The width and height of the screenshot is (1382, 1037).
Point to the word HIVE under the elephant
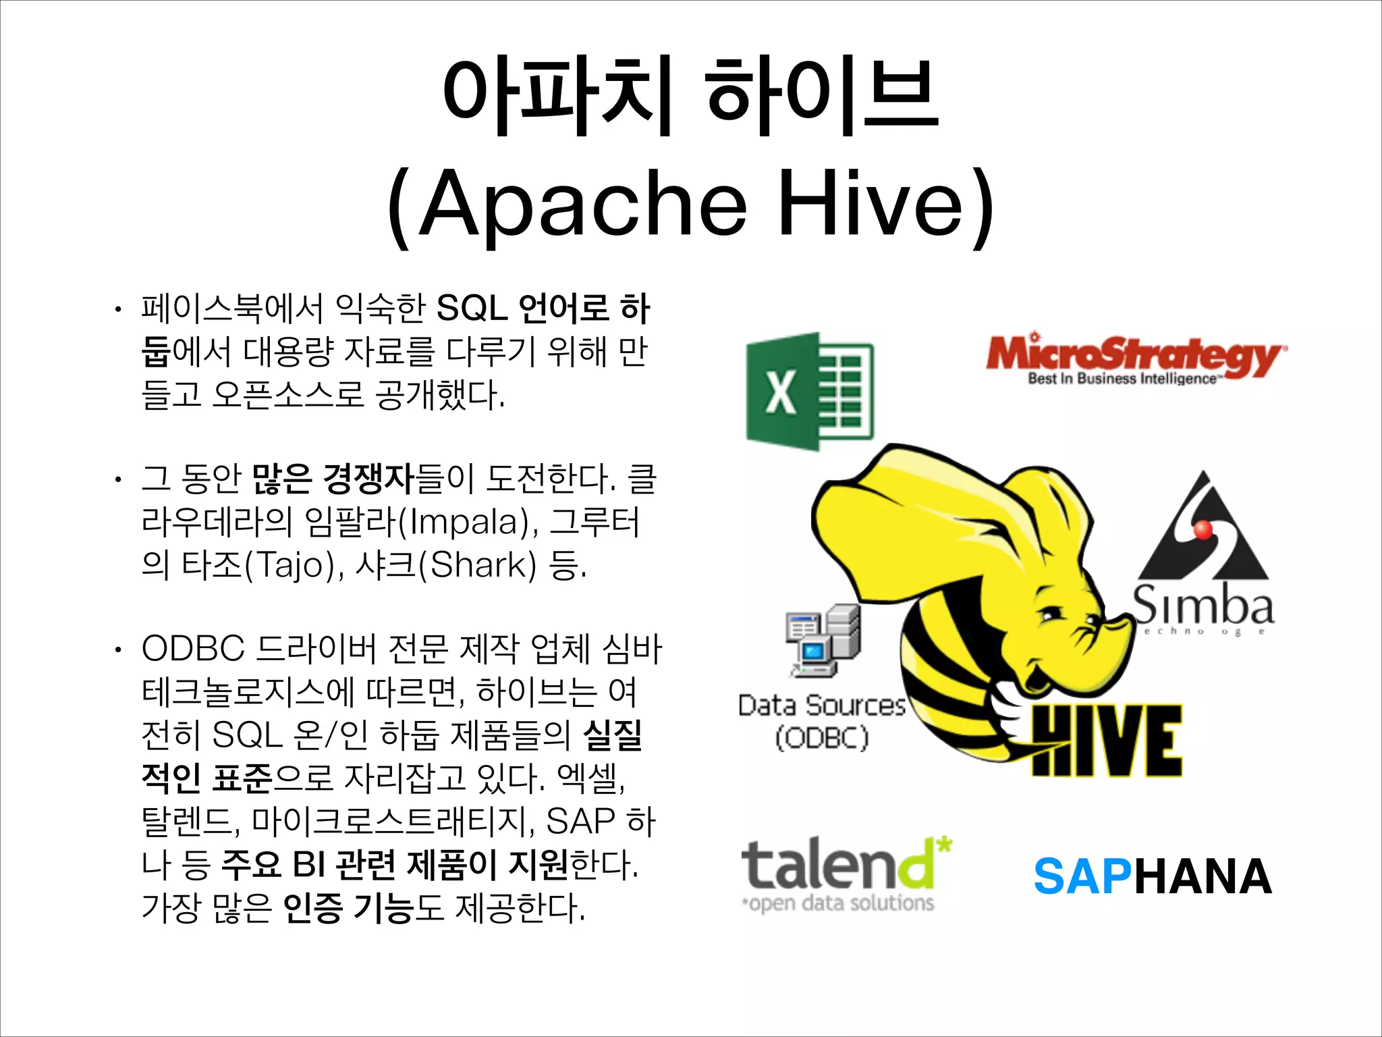(1107, 740)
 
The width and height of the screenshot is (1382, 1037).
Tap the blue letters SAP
(1082, 877)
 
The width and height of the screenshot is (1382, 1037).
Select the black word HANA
(1203, 877)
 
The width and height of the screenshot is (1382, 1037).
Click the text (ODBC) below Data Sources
(822, 737)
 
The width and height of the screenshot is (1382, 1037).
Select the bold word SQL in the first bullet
(472, 309)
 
